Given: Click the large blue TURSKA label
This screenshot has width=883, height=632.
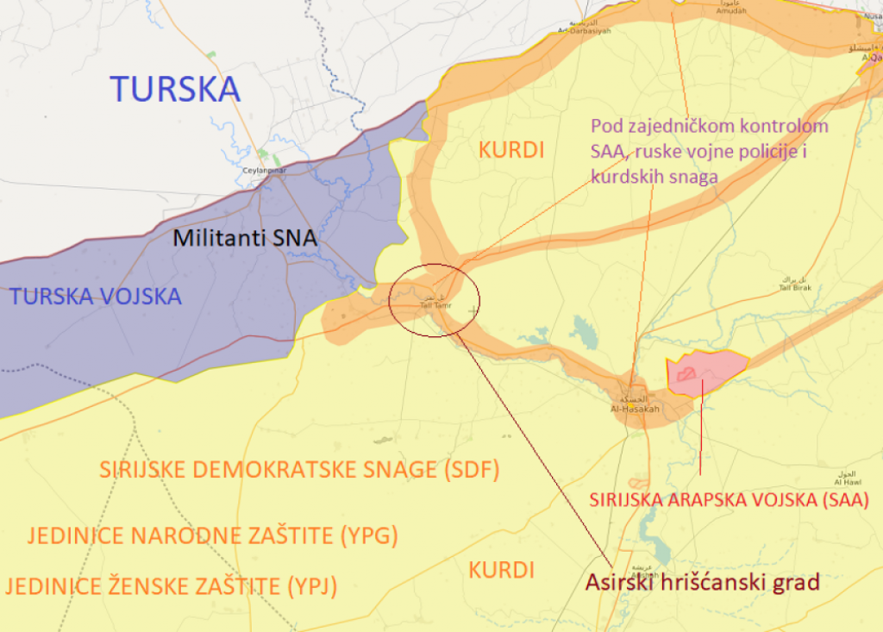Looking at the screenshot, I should click(175, 89).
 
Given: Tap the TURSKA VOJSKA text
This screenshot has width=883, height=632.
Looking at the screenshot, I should click(95, 297).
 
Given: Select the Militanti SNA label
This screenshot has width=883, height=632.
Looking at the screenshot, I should click(245, 239).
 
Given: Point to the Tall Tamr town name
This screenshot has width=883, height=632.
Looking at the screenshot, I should click(435, 303).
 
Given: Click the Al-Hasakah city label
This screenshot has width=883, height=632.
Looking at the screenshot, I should click(636, 408).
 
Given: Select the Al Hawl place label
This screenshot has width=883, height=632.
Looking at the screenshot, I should click(848, 480).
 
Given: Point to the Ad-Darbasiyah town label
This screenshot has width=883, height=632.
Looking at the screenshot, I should click(584, 29).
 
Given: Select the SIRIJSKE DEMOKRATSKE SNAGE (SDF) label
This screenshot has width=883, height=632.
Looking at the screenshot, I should click(299, 470).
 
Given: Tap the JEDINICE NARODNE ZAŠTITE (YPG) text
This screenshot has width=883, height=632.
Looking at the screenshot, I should click(212, 535).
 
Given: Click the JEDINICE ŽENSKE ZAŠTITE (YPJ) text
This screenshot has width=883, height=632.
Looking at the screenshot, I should click(171, 587).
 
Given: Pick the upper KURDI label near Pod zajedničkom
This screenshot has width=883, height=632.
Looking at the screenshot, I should click(511, 150).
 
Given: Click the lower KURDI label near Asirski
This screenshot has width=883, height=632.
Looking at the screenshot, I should click(502, 570).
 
